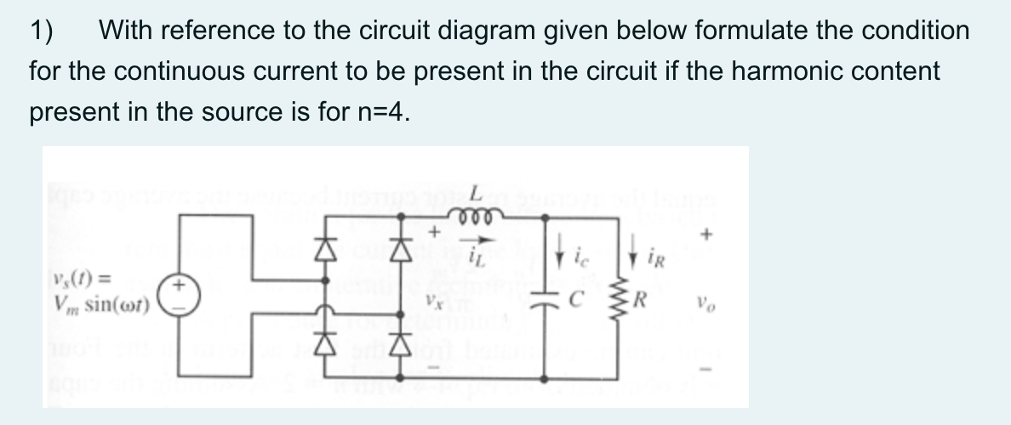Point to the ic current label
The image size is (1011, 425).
point(578,252)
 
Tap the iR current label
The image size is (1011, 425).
point(654,252)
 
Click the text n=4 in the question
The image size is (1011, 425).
point(378,111)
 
